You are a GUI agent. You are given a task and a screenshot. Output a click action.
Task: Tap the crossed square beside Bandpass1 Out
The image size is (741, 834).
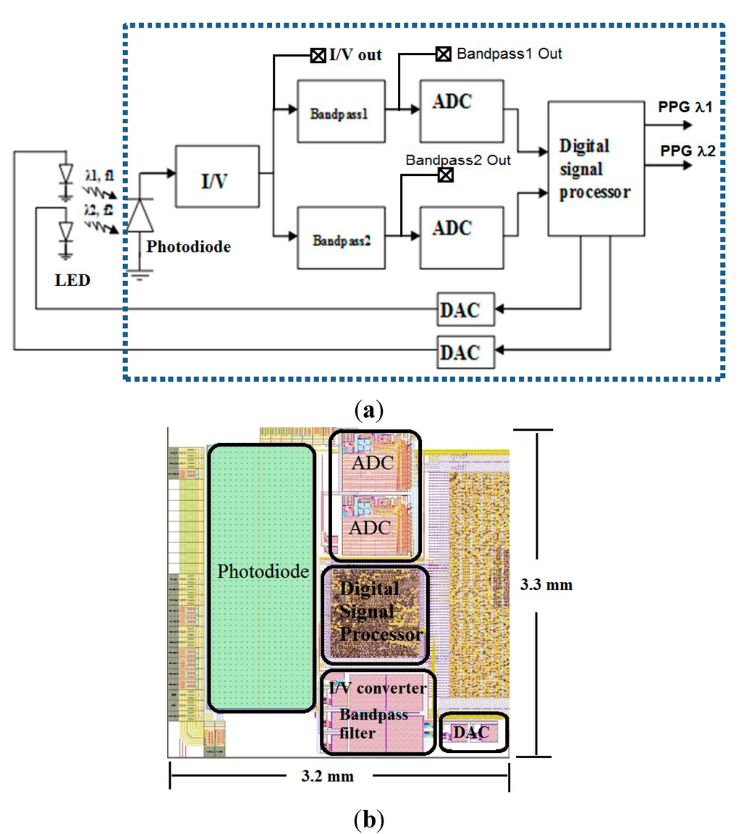click(442, 54)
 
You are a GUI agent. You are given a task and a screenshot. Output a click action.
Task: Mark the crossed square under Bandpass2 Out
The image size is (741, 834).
click(446, 174)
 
